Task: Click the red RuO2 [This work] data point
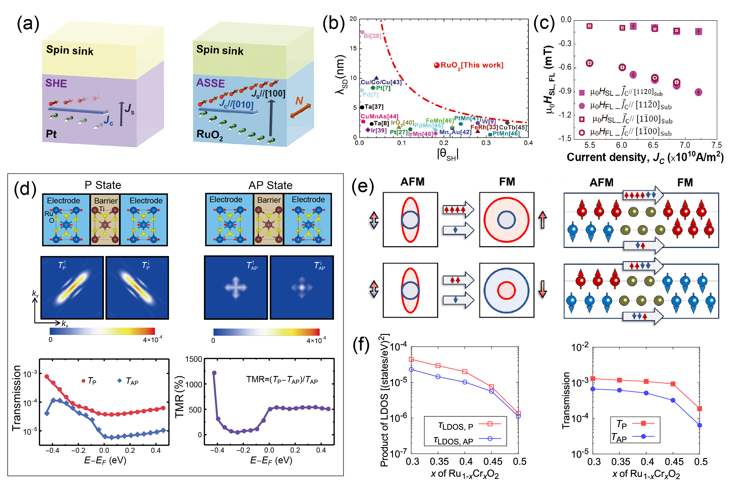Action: (x=436, y=65)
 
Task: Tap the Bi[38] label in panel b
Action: (x=372, y=36)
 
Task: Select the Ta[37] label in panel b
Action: (x=374, y=107)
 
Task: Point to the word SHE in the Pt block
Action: (x=56, y=83)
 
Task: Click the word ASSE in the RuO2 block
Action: (x=211, y=83)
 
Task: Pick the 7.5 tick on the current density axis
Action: (x=716, y=145)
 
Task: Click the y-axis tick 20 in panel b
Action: (x=353, y=19)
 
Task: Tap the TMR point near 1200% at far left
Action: (x=214, y=373)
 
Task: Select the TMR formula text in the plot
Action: (x=282, y=380)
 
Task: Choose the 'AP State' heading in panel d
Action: (x=270, y=185)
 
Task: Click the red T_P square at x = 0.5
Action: (x=700, y=409)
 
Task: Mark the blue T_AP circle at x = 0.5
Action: (x=700, y=425)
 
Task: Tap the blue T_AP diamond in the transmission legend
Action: (x=119, y=381)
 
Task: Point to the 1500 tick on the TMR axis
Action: (x=194, y=359)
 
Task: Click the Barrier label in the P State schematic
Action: (x=106, y=201)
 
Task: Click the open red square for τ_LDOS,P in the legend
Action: (x=490, y=424)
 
